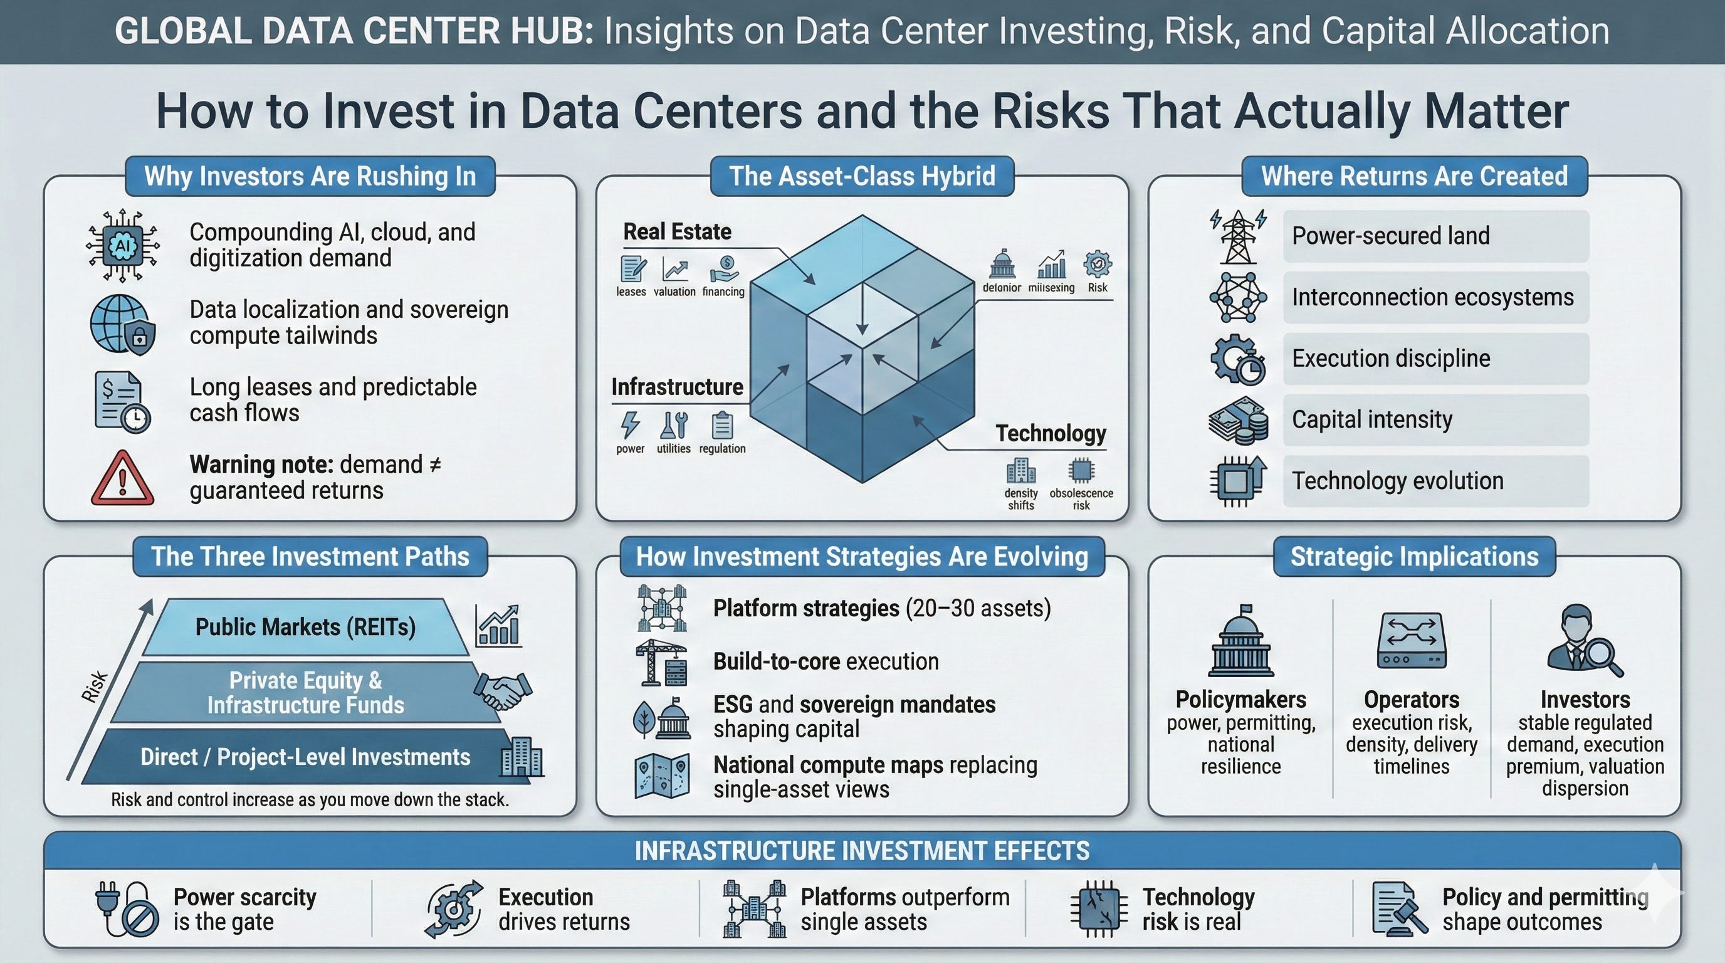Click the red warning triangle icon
123,478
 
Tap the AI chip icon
123,246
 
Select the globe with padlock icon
123,324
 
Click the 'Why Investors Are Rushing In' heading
310,176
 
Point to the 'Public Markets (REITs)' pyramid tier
305,627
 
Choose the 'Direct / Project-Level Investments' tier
305,757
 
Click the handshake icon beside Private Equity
502,690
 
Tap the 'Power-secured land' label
1391,236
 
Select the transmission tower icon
1238,236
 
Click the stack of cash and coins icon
1238,421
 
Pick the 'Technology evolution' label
1398,481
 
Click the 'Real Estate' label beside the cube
677,232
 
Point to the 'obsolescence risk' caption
1081,499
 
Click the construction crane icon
661,662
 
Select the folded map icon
662,776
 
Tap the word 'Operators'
1412,700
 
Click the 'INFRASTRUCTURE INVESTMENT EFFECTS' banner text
862,851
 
